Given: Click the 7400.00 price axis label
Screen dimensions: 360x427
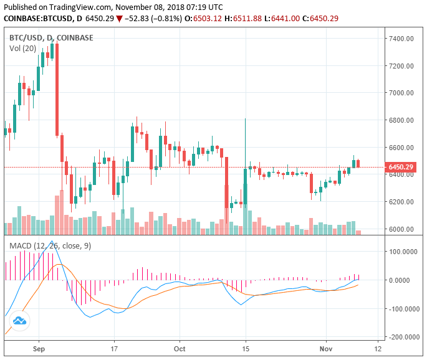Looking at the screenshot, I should [401, 39].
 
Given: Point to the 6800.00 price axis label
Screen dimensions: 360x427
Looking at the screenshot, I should [401, 120].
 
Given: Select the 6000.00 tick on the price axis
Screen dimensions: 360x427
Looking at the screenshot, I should [401, 229].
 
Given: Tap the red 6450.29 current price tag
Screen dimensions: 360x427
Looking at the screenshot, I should [401, 167].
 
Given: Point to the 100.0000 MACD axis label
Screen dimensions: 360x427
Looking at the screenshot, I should [403, 252].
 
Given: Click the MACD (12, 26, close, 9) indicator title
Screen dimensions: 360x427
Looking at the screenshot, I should [50, 246].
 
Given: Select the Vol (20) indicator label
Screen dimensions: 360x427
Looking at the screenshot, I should [22, 48].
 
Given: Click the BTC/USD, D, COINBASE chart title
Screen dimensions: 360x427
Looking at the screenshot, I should [51, 37].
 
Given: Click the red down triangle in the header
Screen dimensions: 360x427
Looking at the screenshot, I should [119, 19].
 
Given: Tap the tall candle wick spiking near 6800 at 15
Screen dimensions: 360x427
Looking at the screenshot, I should [246, 134].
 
